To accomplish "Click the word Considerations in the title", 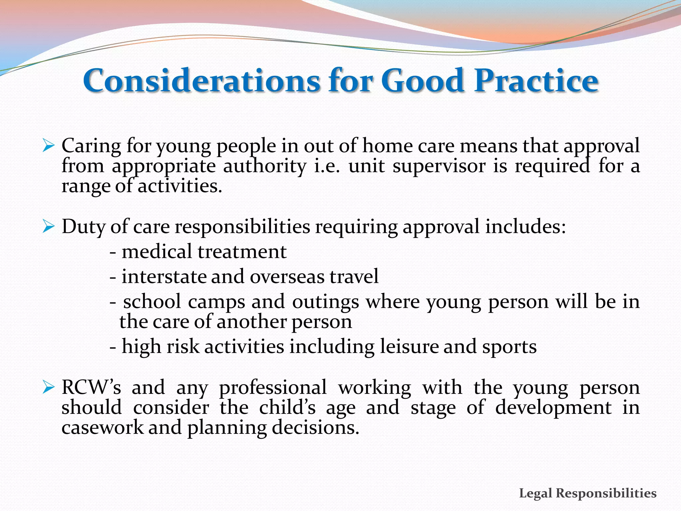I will pyautogui.click(x=202, y=81).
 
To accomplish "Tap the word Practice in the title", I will pyautogui.click(x=536, y=81).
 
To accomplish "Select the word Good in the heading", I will pyautogui.click(x=422, y=81).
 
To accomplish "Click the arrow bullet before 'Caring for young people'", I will pyautogui.click(x=49, y=146).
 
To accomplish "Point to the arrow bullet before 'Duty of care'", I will pyautogui.click(x=49, y=227).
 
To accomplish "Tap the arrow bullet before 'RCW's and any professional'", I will pyautogui.click(x=49, y=388).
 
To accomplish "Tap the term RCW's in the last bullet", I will pyautogui.click(x=91, y=388).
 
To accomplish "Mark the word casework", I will pyautogui.click(x=102, y=428).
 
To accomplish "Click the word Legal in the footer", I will pyautogui.click(x=535, y=493).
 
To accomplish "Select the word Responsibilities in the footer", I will pyautogui.click(x=606, y=493).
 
